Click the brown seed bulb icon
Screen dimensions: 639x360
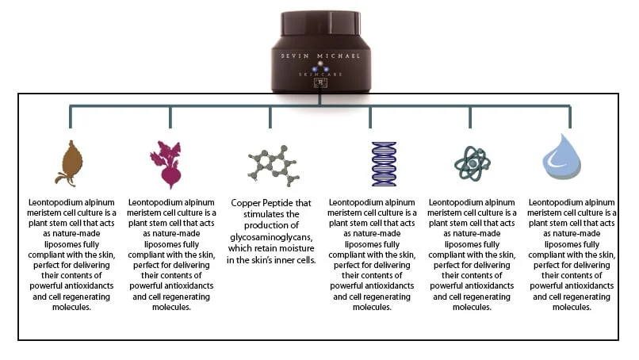pyautogui.click(x=69, y=163)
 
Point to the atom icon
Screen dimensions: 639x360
pyautogui.click(x=471, y=163)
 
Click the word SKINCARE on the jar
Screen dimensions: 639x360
pyautogui.click(x=321, y=73)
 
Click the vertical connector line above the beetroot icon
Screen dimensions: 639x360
pyautogui.click(x=170, y=116)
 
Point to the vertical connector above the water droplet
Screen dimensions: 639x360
pyautogui.click(x=569, y=116)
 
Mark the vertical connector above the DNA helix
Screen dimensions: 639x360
pyautogui.click(x=370, y=116)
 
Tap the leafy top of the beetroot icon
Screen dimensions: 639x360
pyautogui.click(x=169, y=148)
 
